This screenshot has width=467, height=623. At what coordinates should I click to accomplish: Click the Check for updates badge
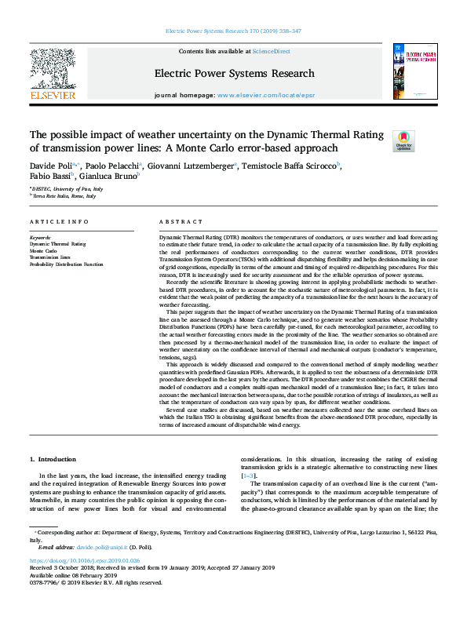tap(403, 140)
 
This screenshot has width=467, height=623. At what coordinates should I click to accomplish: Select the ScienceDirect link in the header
tap(271, 51)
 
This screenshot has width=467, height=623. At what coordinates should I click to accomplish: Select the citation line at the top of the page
tap(233, 31)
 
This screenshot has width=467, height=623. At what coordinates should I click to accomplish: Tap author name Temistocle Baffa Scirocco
tap(290, 166)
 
